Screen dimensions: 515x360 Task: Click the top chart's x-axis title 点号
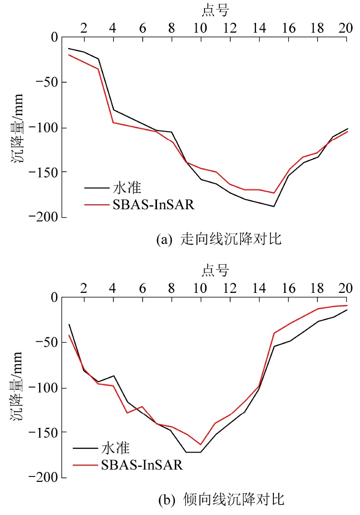[215, 9]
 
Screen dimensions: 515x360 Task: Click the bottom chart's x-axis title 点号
[215, 270]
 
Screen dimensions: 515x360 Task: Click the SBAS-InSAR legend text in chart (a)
[149, 204]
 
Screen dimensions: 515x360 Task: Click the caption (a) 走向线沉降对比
[218, 240]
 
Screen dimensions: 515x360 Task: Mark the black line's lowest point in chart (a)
[273, 206]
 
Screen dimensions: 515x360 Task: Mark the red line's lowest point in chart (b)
[201, 444]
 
